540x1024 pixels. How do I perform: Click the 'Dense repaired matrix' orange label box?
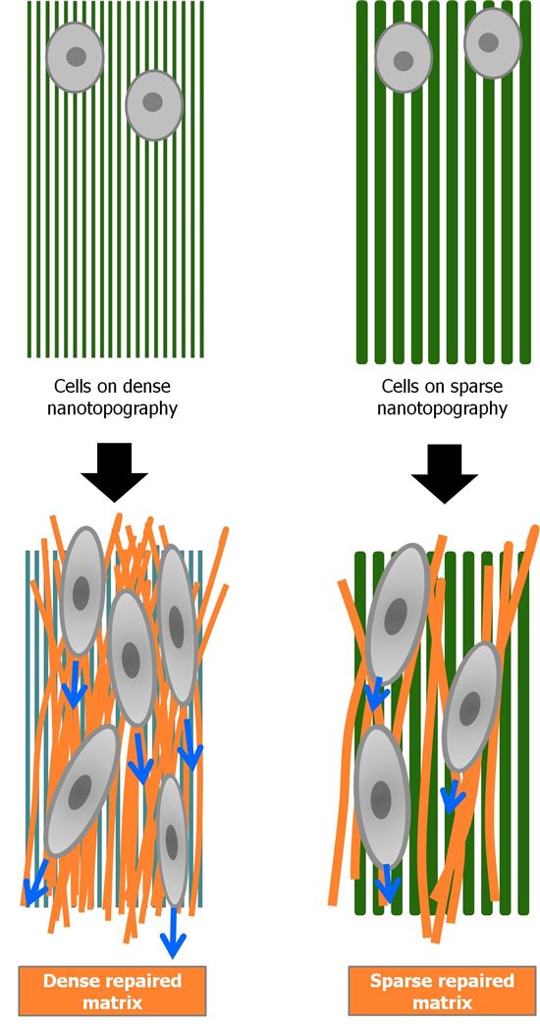(x=112, y=991)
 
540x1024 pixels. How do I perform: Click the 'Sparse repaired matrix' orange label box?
(x=442, y=991)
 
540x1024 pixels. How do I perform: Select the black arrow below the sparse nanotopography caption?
(x=445, y=473)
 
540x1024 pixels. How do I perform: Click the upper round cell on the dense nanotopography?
(x=75, y=57)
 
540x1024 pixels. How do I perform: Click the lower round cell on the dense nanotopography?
(x=154, y=105)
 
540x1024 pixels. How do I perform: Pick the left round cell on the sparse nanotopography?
(x=404, y=58)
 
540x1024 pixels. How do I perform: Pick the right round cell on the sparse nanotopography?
(x=492, y=44)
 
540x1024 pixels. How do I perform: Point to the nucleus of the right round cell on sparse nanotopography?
(x=489, y=42)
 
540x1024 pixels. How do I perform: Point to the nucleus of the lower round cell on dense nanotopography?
(x=152, y=102)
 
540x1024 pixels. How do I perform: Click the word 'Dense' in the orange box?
(x=71, y=980)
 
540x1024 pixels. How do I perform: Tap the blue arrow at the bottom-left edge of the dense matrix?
(x=38, y=881)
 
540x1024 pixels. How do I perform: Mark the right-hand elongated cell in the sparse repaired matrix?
(x=471, y=707)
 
